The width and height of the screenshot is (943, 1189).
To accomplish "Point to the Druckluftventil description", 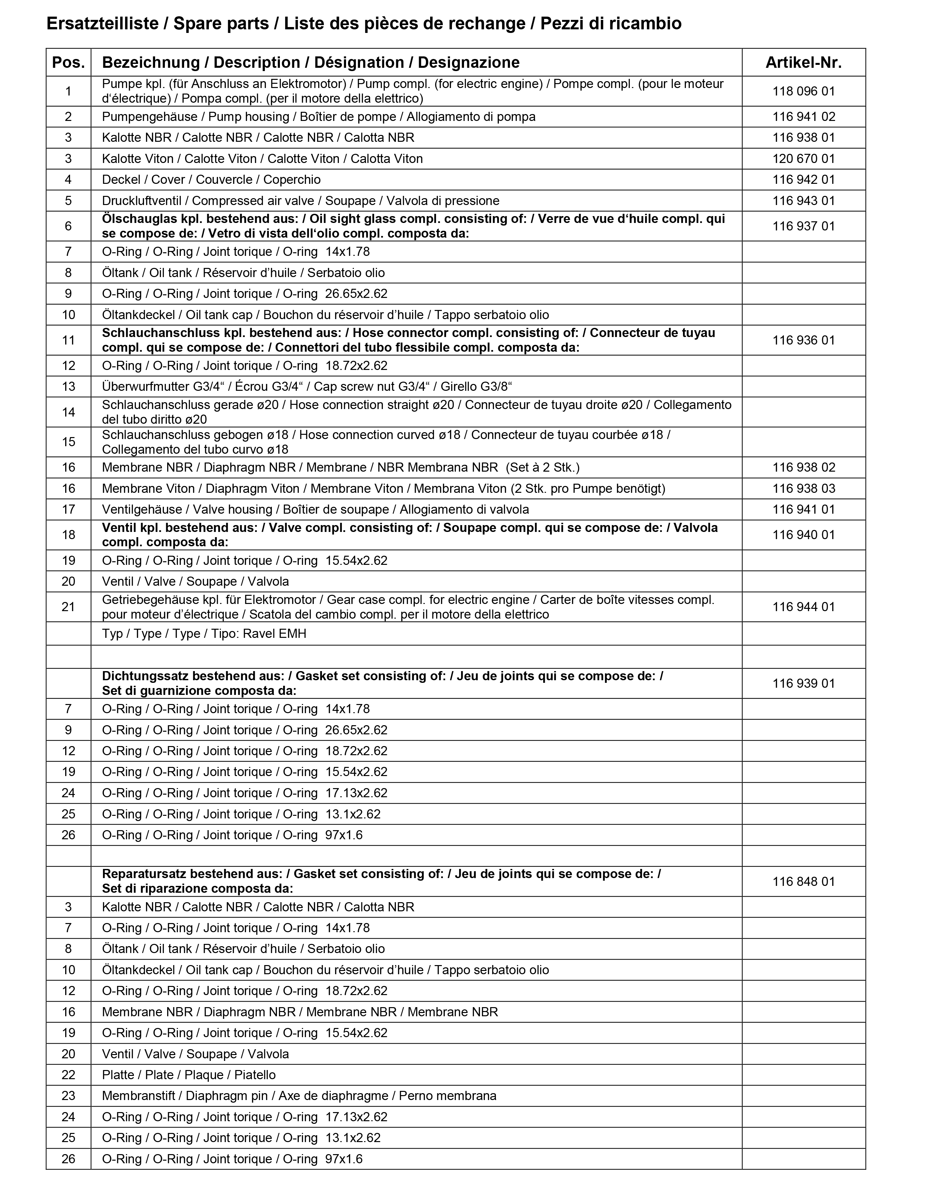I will point(300,201).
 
